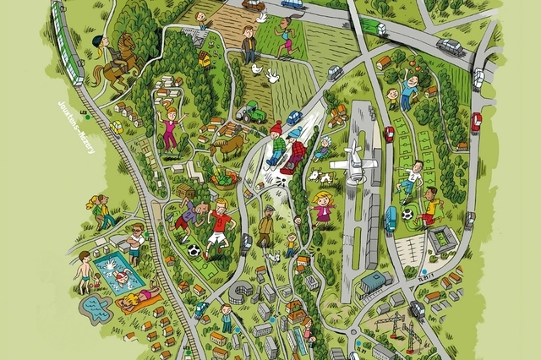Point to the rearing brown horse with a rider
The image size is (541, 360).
(x=115, y=61)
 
